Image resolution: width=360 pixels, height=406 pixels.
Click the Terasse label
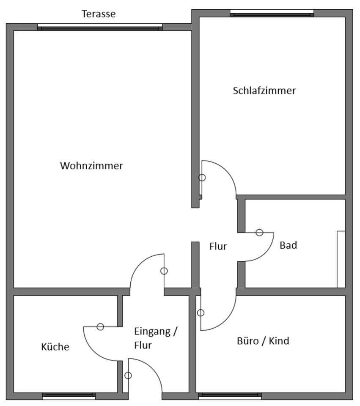pyautogui.click(x=99, y=14)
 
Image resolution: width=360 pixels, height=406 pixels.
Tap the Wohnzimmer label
pyautogui.click(x=91, y=166)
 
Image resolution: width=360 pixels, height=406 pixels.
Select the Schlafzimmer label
pyautogui.click(x=264, y=91)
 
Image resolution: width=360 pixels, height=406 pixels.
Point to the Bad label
pyautogui.click(x=288, y=245)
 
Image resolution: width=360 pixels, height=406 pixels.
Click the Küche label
pyautogui.click(x=55, y=347)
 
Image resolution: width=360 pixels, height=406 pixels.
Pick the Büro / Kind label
pyautogui.click(x=263, y=341)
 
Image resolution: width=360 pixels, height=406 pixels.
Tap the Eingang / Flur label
pyautogui.click(x=155, y=338)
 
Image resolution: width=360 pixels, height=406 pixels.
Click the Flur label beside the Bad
pyautogui.click(x=218, y=246)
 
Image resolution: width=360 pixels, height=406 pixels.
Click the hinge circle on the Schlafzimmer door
pyautogui.click(x=202, y=178)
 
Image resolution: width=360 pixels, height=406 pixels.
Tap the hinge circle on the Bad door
pyautogui.click(x=259, y=233)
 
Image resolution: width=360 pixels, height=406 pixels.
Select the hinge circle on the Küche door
pyautogui.click(x=100, y=326)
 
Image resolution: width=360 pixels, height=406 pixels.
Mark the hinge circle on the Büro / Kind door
pyautogui.click(x=201, y=313)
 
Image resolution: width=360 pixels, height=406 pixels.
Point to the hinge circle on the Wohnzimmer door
pyautogui.click(x=164, y=271)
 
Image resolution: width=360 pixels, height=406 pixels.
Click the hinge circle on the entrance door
pyautogui.click(x=128, y=375)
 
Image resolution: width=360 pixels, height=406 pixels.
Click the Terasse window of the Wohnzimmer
pyautogui.click(x=100, y=27)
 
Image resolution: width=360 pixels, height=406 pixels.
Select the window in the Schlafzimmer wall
pyautogui.click(x=272, y=14)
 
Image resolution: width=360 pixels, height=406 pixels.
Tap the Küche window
pyautogui.click(x=69, y=396)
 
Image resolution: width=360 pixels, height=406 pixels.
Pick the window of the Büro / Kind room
pyautogui.click(x=230, y=396)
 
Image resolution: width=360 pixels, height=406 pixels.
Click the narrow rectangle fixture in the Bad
pyautogui.click(x=341, y=259)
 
